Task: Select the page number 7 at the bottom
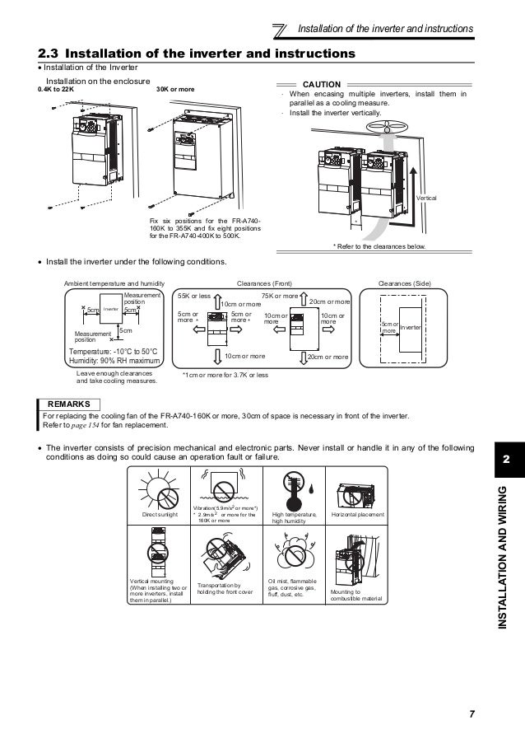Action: coord(472,714)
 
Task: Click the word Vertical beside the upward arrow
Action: coord(427,199)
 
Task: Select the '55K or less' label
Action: coord(195,294)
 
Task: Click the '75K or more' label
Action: coord(280,294)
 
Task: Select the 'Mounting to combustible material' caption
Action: coord(356,595)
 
